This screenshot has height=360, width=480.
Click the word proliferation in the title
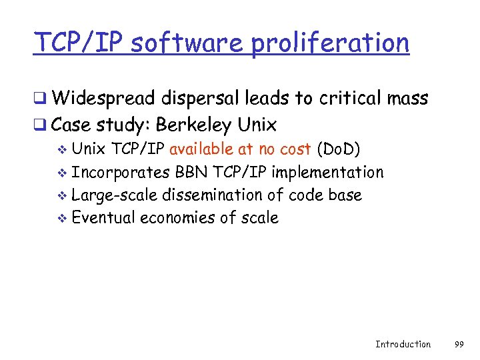click(x=330, y=43)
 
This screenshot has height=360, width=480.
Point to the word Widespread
click(x=104, y=99)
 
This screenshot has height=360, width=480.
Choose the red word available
click(x=201, y=149)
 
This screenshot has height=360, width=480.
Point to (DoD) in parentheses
click(x=339, y=149)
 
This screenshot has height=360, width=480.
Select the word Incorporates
click(x=121, y=173)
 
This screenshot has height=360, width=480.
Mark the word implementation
click(x=328, y=173)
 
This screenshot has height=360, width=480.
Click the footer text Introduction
click(x=403, y=344)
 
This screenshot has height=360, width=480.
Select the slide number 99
click(x=459, y=344)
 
